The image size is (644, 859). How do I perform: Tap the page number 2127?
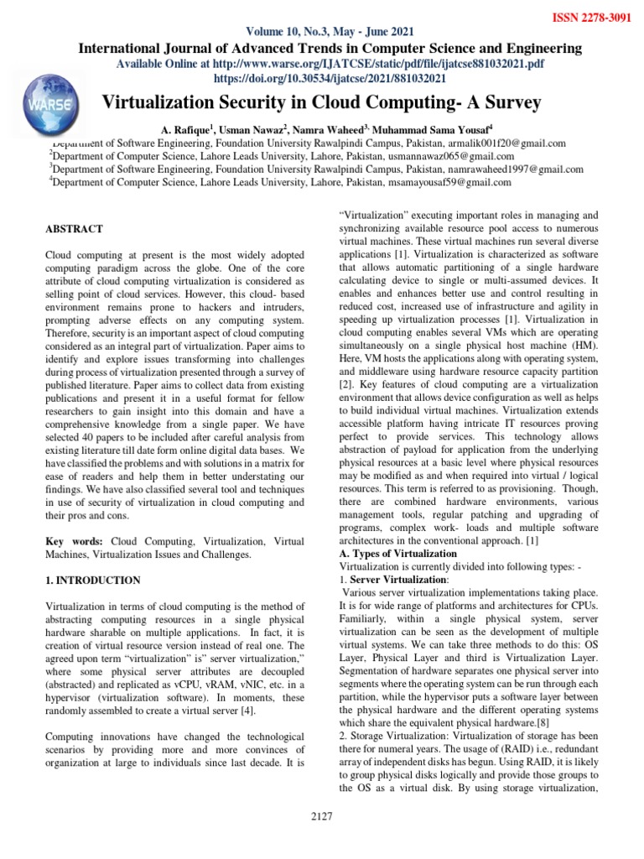point(322,819)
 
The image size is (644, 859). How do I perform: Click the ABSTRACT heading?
point(75,229)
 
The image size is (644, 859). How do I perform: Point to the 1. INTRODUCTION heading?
point(92,580)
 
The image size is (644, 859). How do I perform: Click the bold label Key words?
point(73,543)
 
